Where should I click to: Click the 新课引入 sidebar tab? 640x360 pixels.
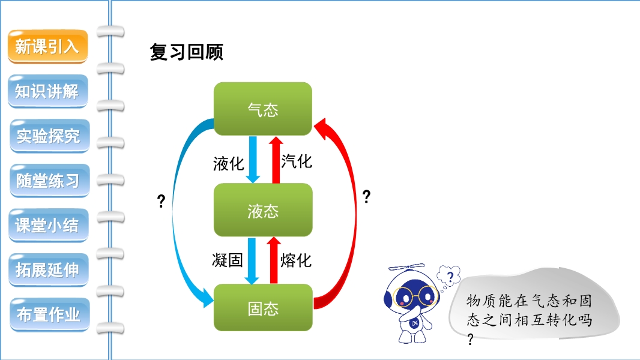coord(47,46)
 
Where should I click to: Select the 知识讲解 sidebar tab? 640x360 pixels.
coord(47,91)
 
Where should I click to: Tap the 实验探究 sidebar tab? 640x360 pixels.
coord(48,136)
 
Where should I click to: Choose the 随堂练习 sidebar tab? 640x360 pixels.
coord(48,180)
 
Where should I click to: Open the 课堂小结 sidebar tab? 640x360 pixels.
coord(48,225)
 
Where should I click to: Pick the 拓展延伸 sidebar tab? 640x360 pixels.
coord(48,269)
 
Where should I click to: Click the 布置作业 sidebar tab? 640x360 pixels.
coord(48,314)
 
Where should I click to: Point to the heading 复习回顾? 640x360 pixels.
coord(186,52)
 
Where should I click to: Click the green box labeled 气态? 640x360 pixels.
coord(263,109)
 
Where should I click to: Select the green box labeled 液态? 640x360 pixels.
coord(263,210)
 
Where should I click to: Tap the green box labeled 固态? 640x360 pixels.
coord(263,308)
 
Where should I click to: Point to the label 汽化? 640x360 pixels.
coord(297,161)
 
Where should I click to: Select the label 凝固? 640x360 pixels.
coord(228,260)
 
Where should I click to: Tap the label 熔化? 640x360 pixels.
coord(297,260)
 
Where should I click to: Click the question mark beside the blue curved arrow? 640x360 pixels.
coord(161,202)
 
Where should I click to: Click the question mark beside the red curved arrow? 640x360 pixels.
coord(366,197)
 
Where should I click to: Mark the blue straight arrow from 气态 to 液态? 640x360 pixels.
coord(253,159)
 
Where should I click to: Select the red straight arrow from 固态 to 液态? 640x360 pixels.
coord(274,260)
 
